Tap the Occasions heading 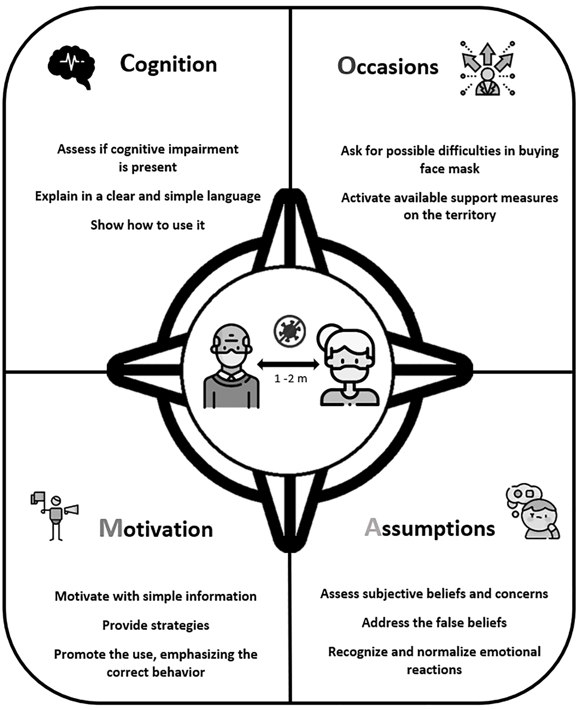coord(388,66)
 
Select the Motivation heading coord(156,529)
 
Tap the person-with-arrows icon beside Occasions coord(487,68)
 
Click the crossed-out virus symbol coord(289,331)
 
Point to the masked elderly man coord(231,366)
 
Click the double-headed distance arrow coord(288,364)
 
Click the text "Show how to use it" coord(148,225)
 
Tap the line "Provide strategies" coord(156,625)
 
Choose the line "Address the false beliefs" coord(434,623)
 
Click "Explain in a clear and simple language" coord(148,196)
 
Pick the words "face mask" coord(450,169)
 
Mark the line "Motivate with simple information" coord(156,596)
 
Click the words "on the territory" coord(450,215)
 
